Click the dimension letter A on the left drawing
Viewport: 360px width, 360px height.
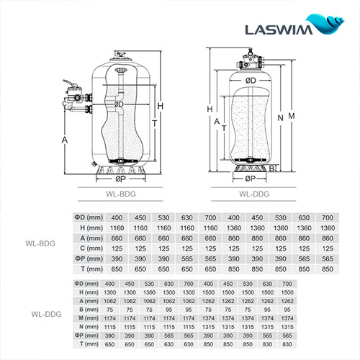coord(65,139)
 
